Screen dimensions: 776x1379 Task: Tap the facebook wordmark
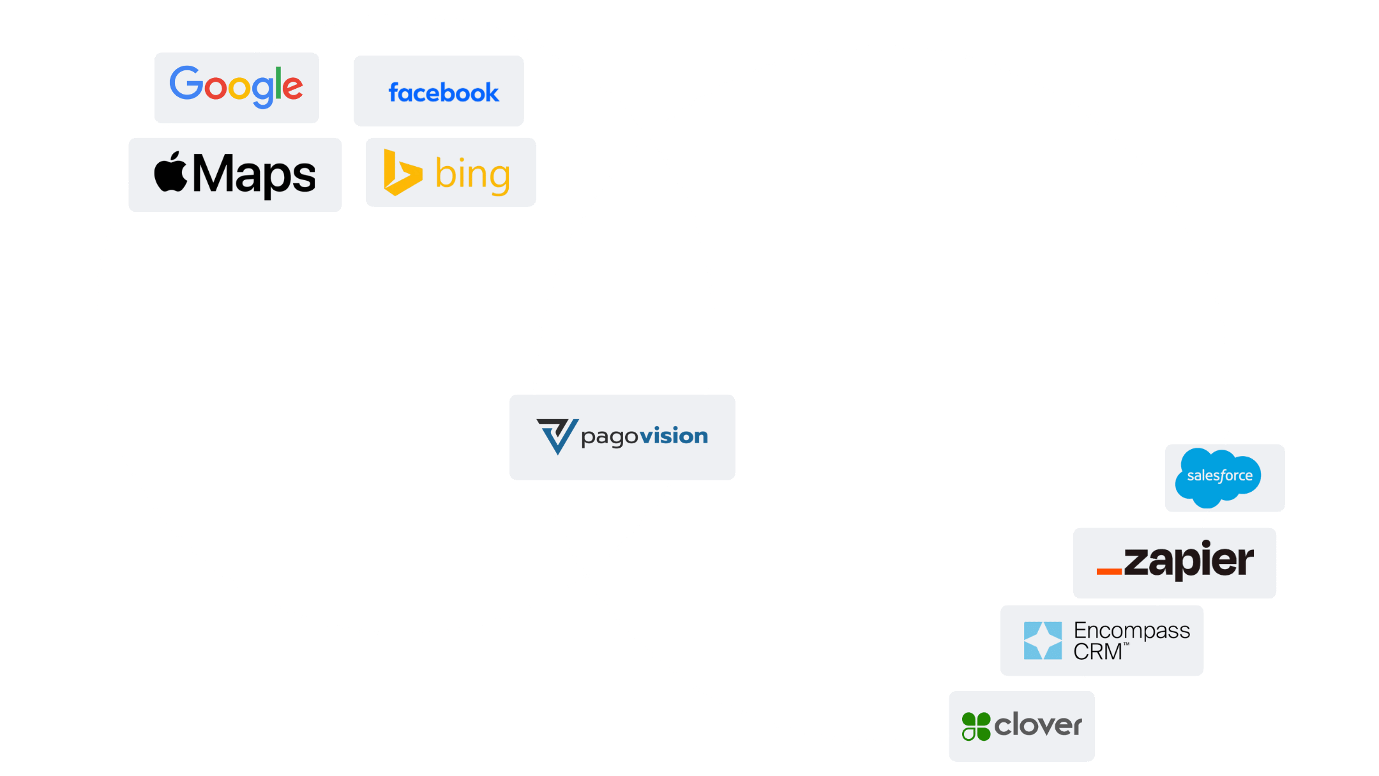coord(444,93)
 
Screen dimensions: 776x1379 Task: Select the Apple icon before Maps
coord(170,172)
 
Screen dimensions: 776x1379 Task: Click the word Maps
coord(254,174)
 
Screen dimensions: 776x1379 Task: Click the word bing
coord(472,174)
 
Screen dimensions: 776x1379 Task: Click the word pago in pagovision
coord(610,437)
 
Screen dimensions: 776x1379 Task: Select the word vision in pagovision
coord(674,436)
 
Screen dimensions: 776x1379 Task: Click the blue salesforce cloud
coord(1218,476)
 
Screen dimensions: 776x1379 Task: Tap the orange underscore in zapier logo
coord(1109,571)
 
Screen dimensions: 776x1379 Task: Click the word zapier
coord(1189,561)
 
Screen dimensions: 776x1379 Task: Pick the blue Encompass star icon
coord(1043,640)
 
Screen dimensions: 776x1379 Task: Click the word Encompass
coord(1132,630)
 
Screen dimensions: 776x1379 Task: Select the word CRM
coord(1097,652)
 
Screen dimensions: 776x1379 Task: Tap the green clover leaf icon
coord(976,726)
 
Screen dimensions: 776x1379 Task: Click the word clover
coord(1038,726)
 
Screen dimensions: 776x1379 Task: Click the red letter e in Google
coord(292,88)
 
